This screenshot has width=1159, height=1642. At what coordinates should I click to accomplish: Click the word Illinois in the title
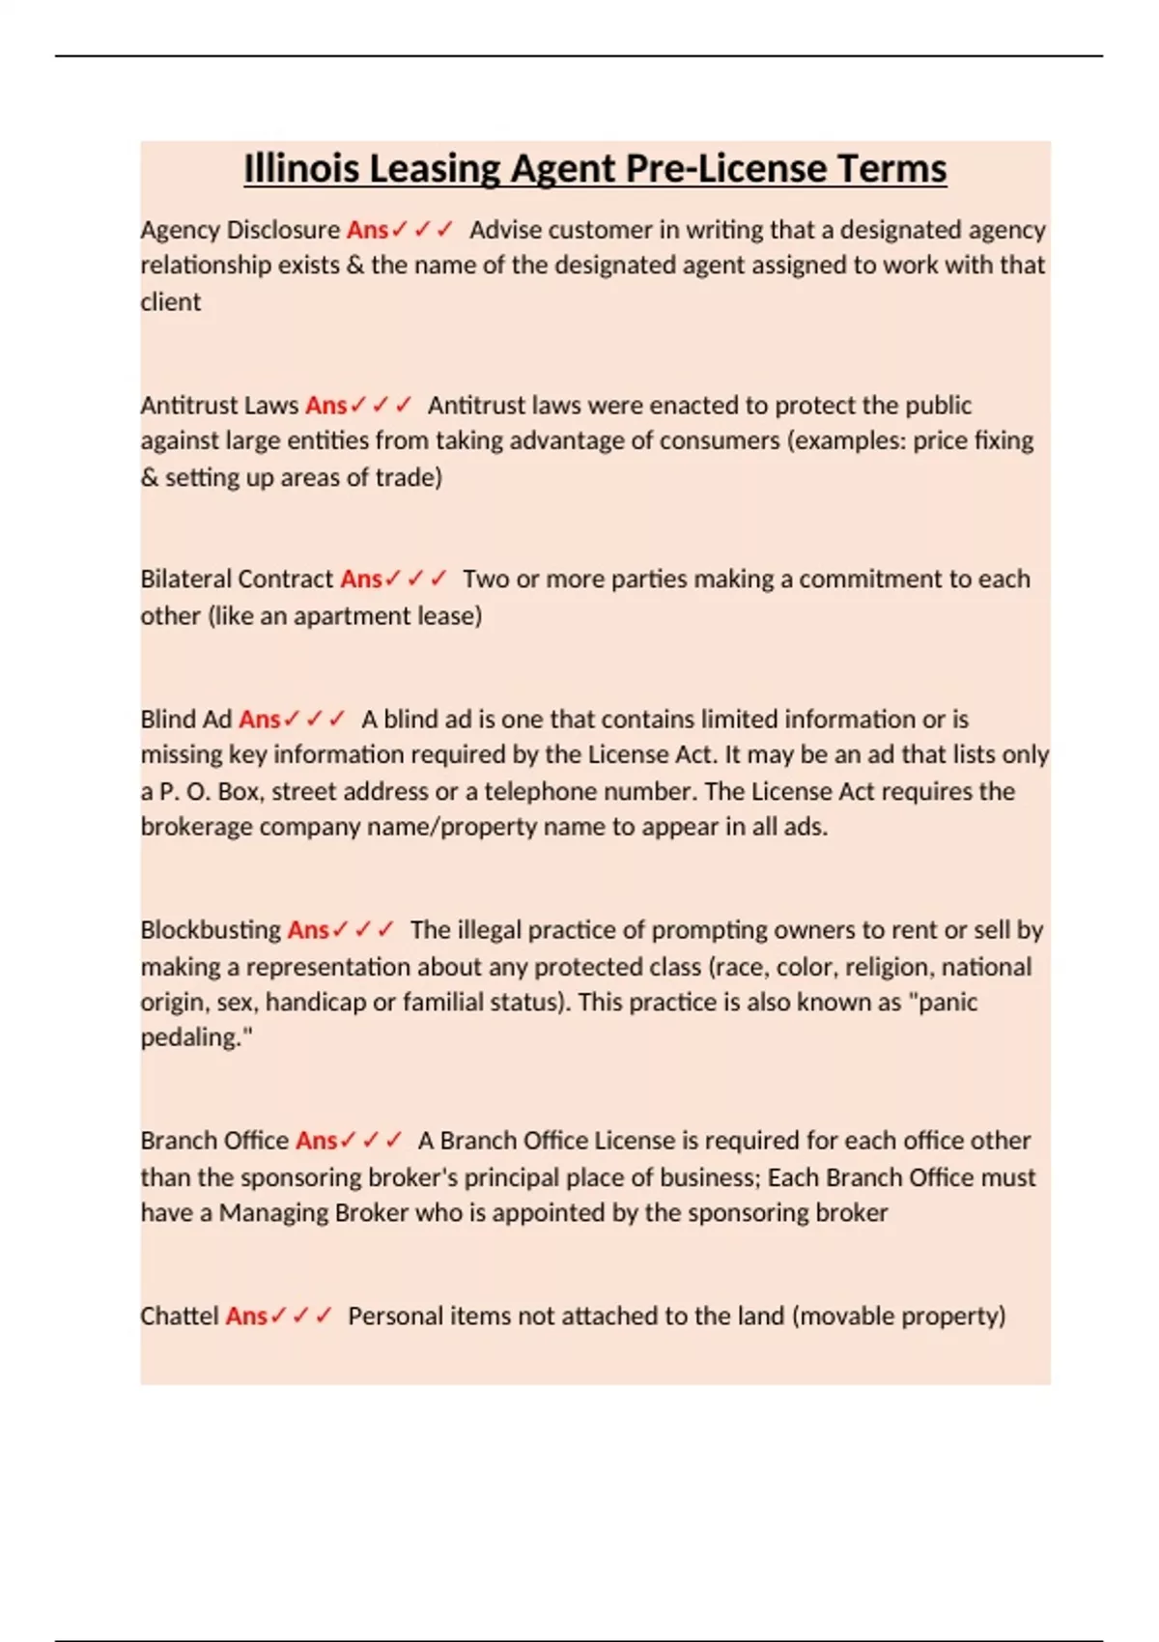302,169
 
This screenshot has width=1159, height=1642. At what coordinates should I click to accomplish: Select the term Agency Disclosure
240,230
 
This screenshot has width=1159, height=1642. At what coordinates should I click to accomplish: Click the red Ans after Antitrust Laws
325,405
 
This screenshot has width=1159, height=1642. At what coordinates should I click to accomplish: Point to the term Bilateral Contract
237,580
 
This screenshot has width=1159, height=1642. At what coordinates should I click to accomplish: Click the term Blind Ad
185,720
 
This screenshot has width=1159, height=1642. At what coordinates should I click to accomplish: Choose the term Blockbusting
211,930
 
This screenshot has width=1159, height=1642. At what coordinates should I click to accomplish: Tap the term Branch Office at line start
214,1141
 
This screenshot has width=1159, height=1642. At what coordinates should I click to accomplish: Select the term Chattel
180,1316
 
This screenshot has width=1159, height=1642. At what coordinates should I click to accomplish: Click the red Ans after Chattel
246,1316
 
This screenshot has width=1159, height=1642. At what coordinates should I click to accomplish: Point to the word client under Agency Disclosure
171,302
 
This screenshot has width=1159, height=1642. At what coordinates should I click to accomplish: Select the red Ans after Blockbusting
308,930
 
